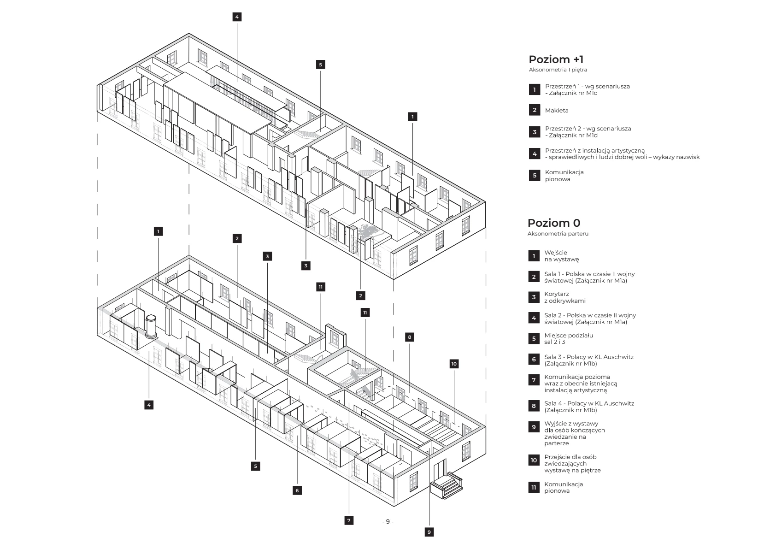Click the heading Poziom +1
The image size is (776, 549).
coord(556,59)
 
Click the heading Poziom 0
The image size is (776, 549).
coord(553,223)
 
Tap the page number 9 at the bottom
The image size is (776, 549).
coord(388,521)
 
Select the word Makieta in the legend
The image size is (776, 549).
coord(557,111)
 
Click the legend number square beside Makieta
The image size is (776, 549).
coord(535,110)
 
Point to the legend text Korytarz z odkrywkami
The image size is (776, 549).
coord(564,297)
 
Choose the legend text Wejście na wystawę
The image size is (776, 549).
coord(561,256)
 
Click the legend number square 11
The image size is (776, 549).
coord(534,487)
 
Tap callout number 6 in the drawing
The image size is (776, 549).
coord(297,490)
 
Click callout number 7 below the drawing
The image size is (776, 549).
coord(349,520)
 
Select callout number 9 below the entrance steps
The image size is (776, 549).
coord(429,532)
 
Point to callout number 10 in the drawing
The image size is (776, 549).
coord(454,364)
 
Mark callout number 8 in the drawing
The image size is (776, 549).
coord(410,337)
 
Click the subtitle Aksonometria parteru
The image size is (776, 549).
coord(558,234)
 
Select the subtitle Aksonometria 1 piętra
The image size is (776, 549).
coord(558,70)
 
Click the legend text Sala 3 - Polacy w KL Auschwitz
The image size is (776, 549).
coord(588,360)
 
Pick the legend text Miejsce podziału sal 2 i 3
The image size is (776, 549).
coord(568,339)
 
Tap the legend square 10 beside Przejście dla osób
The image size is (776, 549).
coord(534,460)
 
